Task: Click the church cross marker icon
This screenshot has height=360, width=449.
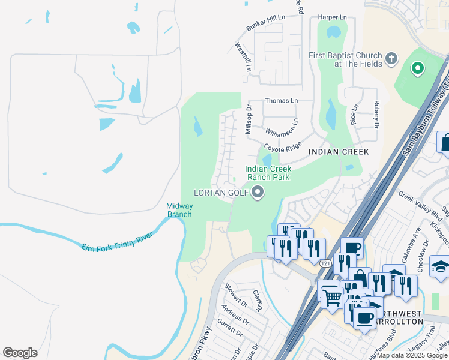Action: click(x=391, y=58)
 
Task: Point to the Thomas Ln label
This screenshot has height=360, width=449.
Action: click(x=281, y=101)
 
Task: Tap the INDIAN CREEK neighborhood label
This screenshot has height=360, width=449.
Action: click(x=338, y=152)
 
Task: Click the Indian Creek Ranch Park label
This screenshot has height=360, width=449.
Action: click(x=268, y=173)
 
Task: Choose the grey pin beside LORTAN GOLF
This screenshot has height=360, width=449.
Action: click(x=258, y=193)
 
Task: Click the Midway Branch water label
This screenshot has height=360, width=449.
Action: click(x=179, y=210)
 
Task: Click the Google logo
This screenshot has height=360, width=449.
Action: click(x=20, y=353)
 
